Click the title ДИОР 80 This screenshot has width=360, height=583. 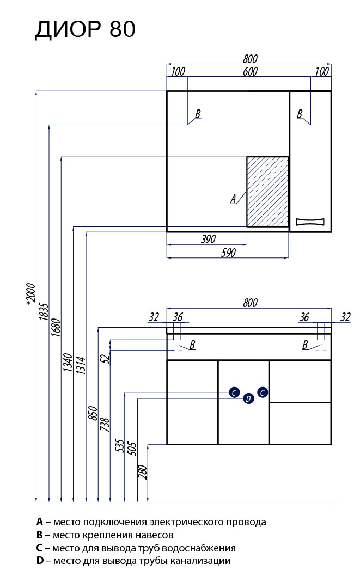(85, 30)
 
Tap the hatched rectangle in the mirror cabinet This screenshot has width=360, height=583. (267, 191)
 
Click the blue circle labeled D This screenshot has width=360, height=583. (248, 399)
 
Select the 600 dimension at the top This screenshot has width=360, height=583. (250, 72)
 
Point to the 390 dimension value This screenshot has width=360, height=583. (209, 238)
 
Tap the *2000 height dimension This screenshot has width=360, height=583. (30, 297)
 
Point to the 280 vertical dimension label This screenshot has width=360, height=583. (143, 471)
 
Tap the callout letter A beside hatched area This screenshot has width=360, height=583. (234, 199)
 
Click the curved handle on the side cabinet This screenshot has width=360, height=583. (310, 222)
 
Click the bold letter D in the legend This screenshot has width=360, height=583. (39, 560)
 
